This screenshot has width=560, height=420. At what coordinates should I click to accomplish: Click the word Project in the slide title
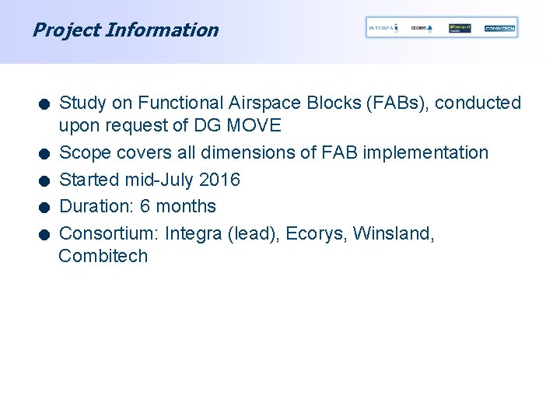coord(65,30)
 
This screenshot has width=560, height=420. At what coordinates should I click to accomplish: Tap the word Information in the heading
coord(162,30)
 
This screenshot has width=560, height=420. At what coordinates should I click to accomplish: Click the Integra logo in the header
coord(383,28)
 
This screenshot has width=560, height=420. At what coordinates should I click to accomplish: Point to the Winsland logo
coord(460,28)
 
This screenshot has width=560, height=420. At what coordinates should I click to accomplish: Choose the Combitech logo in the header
coord(499,28)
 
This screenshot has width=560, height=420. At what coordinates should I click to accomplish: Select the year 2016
coord(219,180)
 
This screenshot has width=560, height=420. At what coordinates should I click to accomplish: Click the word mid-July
coord(159,180)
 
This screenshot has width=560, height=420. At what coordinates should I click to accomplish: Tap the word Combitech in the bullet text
coord(103,256)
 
